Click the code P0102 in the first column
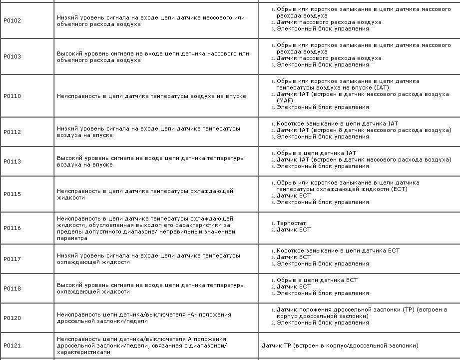click(12, 21)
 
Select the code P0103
click(12, 57)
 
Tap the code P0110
click(12, 96)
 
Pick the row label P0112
click(12, 132)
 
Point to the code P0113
click(12, 161)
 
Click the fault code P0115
click(12, 194)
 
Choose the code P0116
click(12, 228)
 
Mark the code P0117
click(12, 259)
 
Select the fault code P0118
click(12, 288)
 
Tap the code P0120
click(12, 318)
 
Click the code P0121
click(12, 345)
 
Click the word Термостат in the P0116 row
click(291, 223)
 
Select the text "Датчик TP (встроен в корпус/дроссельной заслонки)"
click(340, 345)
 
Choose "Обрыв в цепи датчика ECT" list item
click(317, 280)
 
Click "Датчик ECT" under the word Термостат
click(294, 229)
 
